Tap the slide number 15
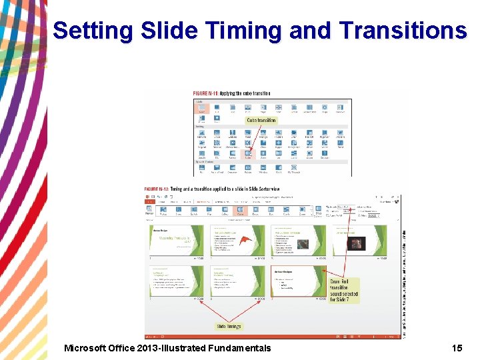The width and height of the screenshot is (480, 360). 457,348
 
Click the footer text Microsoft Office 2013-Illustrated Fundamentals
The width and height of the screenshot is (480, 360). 167,348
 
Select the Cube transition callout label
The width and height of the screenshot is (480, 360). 261,121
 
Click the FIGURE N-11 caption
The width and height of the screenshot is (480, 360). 231,93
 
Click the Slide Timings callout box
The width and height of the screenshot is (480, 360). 229,326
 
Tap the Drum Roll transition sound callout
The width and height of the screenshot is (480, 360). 343,291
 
